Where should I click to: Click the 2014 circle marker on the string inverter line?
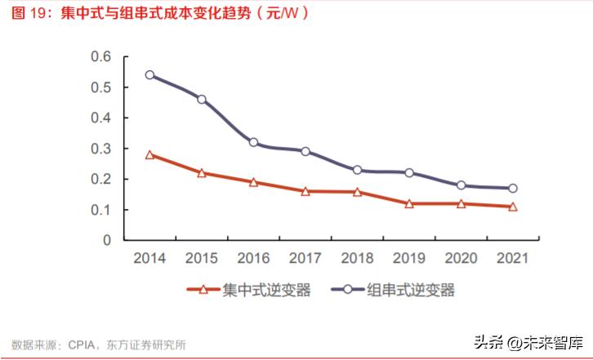pyautogui.click(x=149, y=75)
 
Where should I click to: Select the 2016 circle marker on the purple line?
pyautogui.click(x=253, y=142)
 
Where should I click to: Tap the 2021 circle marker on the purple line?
pyautogui.click(x=512, y=188)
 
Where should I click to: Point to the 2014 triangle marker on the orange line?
pyautogui.click(x=149, y=154)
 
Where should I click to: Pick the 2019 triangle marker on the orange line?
pyautogui.click(x=408, y=203)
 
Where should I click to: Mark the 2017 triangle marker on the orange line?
pyautogui.click(x=305, y=191)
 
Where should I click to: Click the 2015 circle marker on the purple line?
pyautogui.click(x=202, y=100)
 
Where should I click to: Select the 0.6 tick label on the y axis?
pyautogui.click(x=100, y=56)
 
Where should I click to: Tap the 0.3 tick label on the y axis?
pyautogui.click(x=100, y=149)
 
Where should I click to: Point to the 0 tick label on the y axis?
pyautogui.click(x=106, y=241)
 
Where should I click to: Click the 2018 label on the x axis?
pyautogui.click(x=357, y=259)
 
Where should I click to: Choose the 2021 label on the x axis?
pyautogui.click(x=512, y=259)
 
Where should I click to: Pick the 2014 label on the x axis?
pyautogui.click(x=149, y=259)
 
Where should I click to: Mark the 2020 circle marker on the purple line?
pyautogui.click(x=461, y=185)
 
